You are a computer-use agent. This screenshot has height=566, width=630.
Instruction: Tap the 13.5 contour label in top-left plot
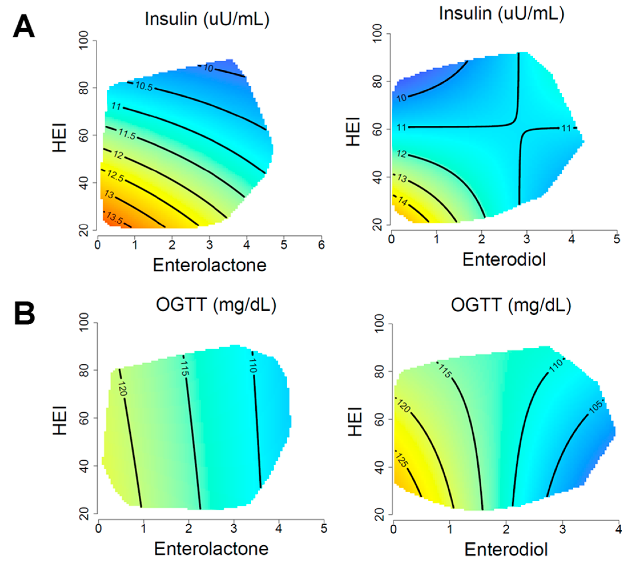pyautogui.click(x=114, y=218)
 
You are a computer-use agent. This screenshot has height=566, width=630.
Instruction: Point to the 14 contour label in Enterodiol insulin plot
pyautogui.click(x=402, y=201)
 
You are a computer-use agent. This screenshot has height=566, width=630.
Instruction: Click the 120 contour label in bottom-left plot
pyautogui.click(x=122, y=389)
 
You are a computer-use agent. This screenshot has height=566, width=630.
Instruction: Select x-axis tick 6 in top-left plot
pyautogui.click(x=321, y=245)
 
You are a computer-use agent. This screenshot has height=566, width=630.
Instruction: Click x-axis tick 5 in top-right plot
pyautogui.click(x=617, y=239)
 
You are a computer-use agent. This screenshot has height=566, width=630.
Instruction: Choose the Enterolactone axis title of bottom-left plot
pyautogui.click(x=211, y=549)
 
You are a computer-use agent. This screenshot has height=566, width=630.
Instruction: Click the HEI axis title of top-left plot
pyautogui.click(x=60, y=137)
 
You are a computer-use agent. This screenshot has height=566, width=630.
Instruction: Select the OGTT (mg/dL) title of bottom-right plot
pyautogui.click(x=511, y=305)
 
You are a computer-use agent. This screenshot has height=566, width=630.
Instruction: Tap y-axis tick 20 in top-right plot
pyautogui.click(x=377, y=225)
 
